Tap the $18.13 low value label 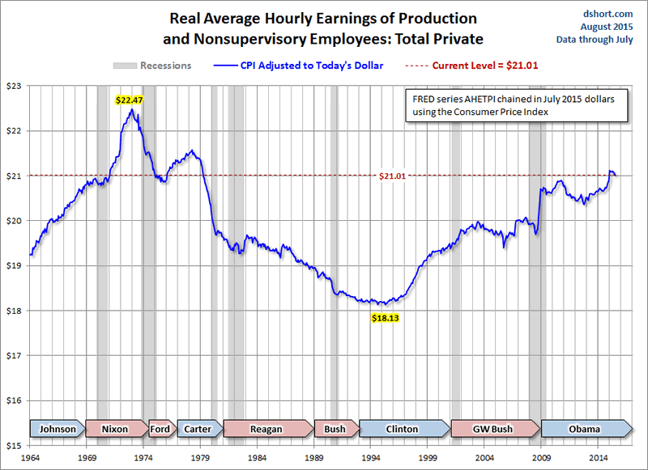click(x=386, y=318)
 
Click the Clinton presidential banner click(x=402, y=429)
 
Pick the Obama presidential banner click(x=584, y=429)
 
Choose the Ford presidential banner click(x=160, y=429)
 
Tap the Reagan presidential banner click(x=266, y=429)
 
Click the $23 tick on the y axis click(x=15, y=86)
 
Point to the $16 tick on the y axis click(x=15, y=400)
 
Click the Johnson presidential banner click(x=58, y=429)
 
